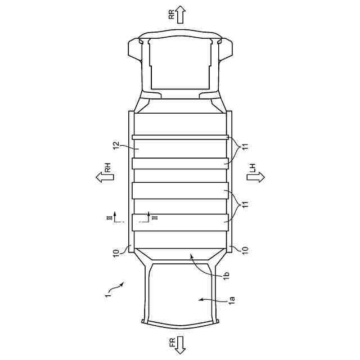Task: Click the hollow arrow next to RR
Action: (x=181, y=15)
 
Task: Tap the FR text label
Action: (x=172, y=342)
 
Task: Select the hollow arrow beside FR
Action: (x=180, y=345)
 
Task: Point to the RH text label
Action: (x=108, y=168)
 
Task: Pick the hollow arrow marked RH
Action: (x=105, y=178)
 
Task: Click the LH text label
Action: (x=253, y=168)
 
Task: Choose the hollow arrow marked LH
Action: (x=256, y=178)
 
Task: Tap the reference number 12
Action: (x=117, y=146)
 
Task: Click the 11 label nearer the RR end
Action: (x=245, y=146)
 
